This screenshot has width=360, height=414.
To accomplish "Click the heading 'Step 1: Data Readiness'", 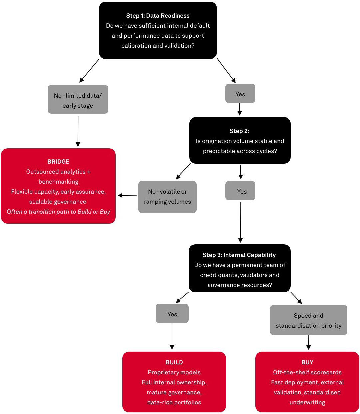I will point(158,16).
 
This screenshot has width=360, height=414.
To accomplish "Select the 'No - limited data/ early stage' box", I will point(78,100).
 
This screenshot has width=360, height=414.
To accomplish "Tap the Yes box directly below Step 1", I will point(240,94).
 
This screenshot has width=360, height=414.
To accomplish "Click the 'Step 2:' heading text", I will point(239,131).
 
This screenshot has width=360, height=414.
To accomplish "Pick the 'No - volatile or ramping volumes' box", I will point(167,197).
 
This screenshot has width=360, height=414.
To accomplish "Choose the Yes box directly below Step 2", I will point(240,191).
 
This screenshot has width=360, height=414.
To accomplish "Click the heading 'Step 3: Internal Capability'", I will point(239,255).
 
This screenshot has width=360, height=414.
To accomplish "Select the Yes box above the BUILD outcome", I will point(172,314).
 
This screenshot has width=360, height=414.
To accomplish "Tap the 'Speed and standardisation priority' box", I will point(308,320).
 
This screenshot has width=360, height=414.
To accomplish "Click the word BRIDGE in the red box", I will point(58,162).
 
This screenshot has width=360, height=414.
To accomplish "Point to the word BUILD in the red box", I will point(174,362).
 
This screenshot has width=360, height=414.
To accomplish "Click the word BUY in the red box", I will point(307,362).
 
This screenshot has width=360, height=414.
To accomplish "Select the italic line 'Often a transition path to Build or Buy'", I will point(58,212).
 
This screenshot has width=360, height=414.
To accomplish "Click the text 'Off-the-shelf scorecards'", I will point(307,372).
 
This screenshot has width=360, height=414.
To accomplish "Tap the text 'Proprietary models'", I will point(174,372).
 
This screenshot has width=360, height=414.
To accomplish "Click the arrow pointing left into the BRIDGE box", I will point(127,195).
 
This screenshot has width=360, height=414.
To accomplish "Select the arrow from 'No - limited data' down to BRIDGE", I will point(78,131).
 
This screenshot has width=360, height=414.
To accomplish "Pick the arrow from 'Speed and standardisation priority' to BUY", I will point(309,342).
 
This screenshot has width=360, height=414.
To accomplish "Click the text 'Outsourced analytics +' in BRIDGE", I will point(58,172).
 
